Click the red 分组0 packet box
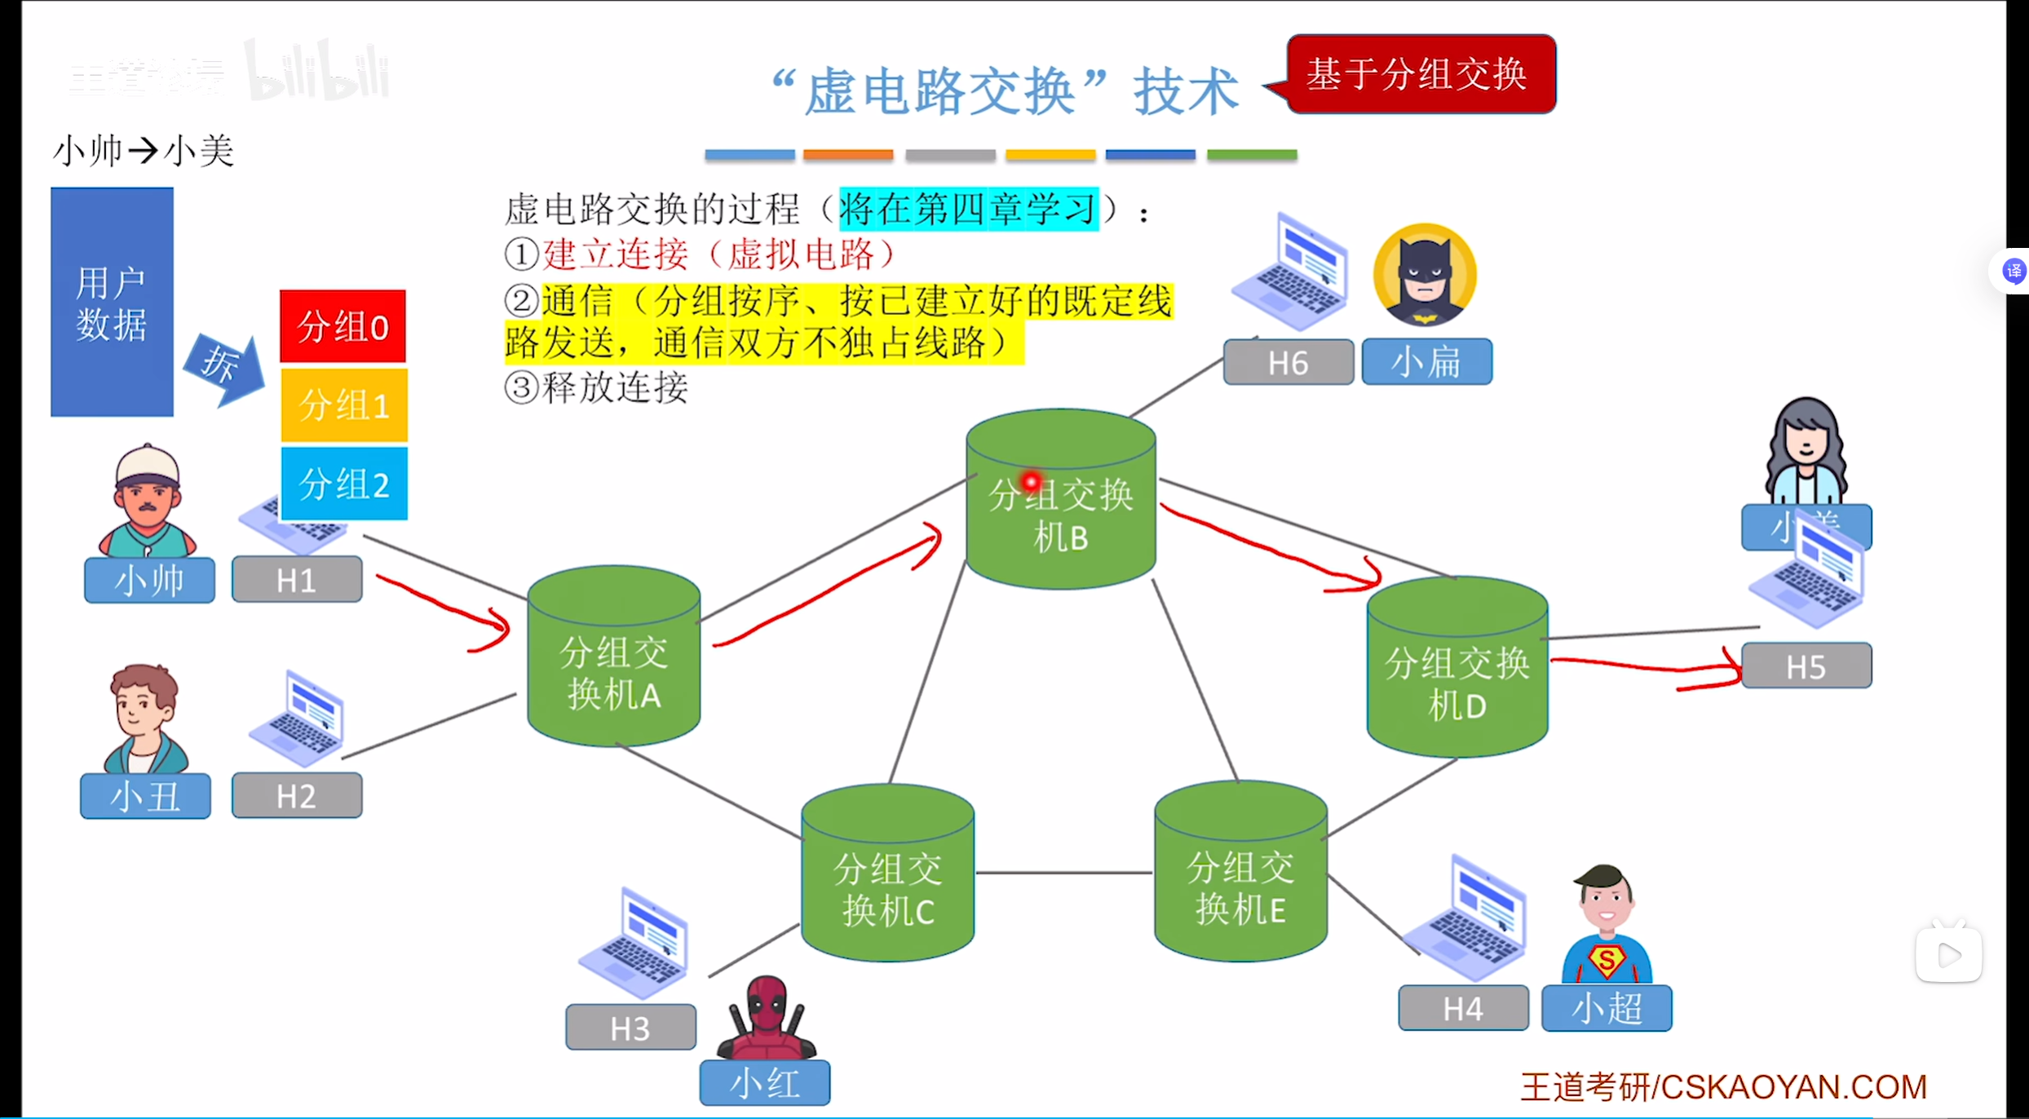point(343,326)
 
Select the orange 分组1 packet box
point(343,405)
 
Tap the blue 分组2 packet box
point(343,484)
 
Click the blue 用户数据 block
point(112,303)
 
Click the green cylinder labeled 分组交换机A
point(613,657)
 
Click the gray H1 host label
point(297,580)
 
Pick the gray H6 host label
point(1288,362)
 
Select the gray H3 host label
point(630,1028)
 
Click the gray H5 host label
point(1806,666)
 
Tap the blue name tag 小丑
point(145,796)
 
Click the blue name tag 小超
point(1607,1008)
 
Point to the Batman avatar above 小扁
point(1425,275)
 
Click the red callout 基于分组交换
point(1421,74)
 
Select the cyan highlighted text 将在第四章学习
point(968,209)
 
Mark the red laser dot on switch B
point(1032,482)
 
